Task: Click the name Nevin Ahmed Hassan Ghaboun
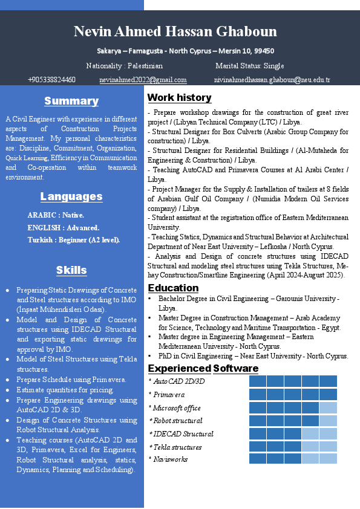[175, 31]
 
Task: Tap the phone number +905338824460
[51, 80]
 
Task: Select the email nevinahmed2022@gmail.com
[143, 80]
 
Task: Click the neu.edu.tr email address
[272, 80]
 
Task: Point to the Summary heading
[71, 101]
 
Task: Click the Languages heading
[71, 196]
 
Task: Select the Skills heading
[71, 270]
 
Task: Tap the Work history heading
[180, 97]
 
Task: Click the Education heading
[173, 288]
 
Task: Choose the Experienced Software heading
[203, 368]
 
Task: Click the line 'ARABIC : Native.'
[56, 215]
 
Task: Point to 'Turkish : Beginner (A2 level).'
[74, 240]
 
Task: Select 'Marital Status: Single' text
[249, 66]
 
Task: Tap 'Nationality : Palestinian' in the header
[125, 66]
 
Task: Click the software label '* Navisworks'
[168, 459]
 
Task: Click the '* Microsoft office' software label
[175, 408]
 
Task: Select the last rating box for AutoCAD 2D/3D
[329, 381]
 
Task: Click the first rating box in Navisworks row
[258, 459]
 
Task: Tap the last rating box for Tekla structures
[329, 446]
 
